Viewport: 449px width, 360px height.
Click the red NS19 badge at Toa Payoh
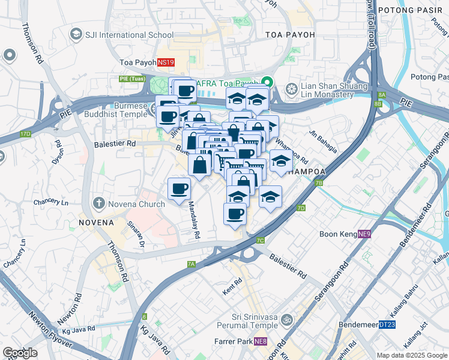pos(166,62)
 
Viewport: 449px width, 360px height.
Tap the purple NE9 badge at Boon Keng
pos(365,234)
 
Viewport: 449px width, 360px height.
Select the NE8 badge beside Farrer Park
pos(261,342)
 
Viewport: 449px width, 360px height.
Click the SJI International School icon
pos(76,35)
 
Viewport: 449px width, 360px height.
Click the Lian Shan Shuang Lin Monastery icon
pos(291,89)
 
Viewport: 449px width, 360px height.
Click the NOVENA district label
pos(96,223)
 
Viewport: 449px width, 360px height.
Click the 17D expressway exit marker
pos(25,133)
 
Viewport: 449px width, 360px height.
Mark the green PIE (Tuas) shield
pos(131,78)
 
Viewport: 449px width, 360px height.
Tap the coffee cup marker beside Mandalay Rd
pos(179,190)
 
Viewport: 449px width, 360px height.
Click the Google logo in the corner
pos(20,353)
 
